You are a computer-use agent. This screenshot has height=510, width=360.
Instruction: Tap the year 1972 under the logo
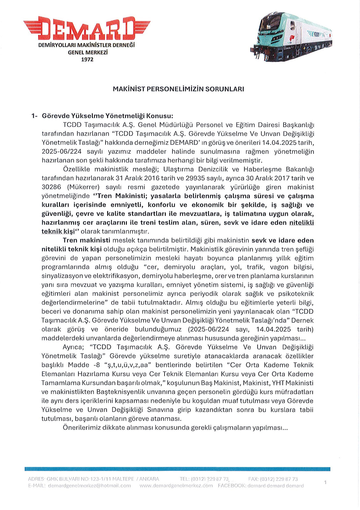pyautogui.click(x=87, y=60)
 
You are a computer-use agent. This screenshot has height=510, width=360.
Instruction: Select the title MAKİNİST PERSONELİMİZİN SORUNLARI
pyautogui.click(x=178, y=89)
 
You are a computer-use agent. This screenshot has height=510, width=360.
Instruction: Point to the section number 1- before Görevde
pyautogui.click(x=34, y=116)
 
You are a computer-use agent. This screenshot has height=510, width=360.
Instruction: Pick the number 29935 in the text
pyautogui.click(x=195, y=178)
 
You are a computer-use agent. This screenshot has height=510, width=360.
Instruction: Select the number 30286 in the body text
pyautogui.click(x=51, y=187)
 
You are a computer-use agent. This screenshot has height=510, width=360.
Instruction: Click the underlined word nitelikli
pyautogui.click(x=301, y=223)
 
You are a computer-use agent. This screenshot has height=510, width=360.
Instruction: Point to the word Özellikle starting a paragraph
pyautogui.click(x=77, y=169)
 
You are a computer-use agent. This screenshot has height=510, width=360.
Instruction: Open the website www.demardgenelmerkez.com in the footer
pyautogui.click(x=176, y=486)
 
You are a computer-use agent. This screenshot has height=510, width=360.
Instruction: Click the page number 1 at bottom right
pyautogui.click(x=325, y=483)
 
